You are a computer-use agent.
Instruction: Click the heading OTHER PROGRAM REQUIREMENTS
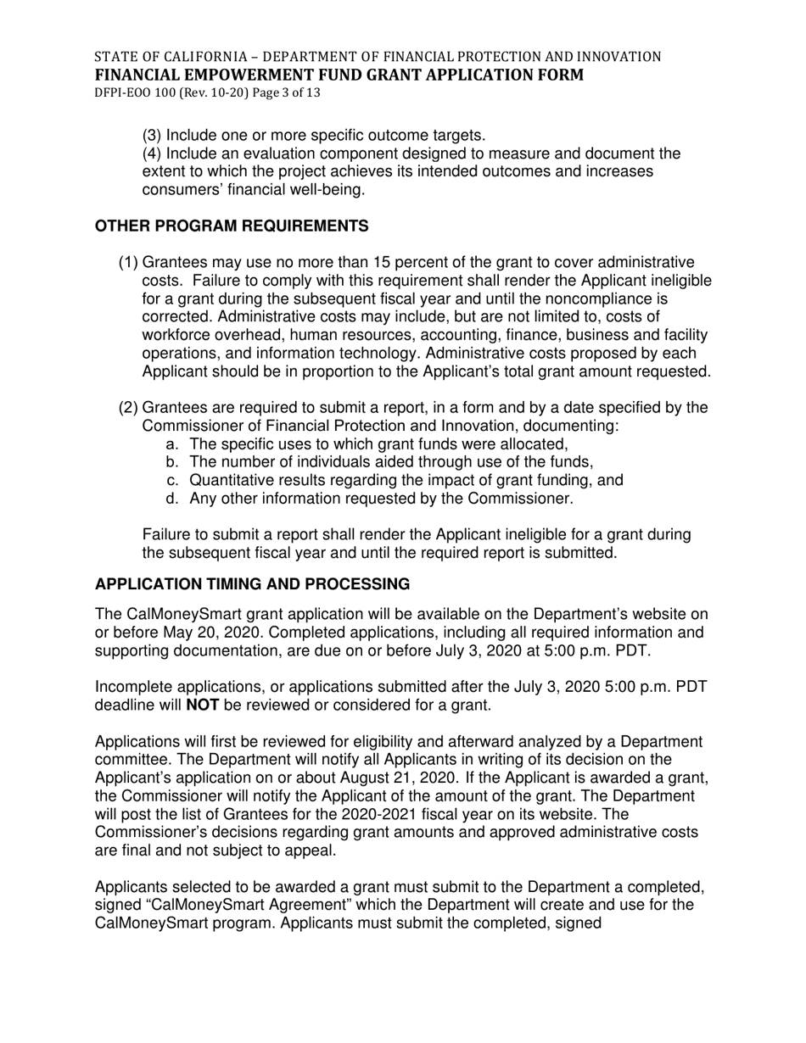click(232, 226)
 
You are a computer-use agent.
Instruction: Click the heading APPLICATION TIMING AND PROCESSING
click(253, 584)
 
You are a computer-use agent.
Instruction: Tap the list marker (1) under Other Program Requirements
click(128, 263)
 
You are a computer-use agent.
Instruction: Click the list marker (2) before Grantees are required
click(128, 408)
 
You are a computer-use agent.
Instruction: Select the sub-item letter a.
click(172, 444)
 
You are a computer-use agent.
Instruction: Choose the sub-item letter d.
click(172, 499)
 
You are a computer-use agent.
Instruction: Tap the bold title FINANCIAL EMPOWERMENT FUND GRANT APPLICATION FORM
click(339, 75)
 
